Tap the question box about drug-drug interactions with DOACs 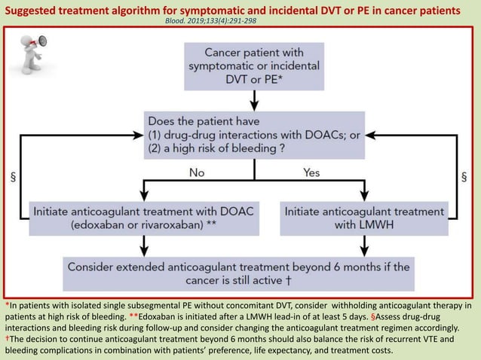(x=254, y=135)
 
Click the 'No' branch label (x=196, y=172)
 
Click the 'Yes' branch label (x=311, y=172)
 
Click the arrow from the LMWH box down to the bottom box (x=365, y=245)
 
